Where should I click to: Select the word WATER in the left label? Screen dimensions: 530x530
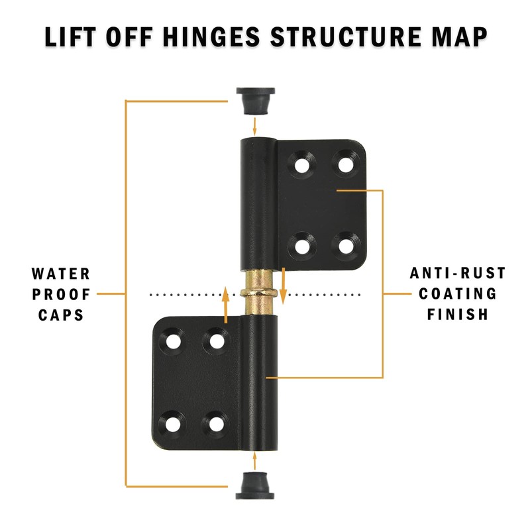(61, 274)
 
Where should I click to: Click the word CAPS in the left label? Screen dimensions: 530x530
(61, 314)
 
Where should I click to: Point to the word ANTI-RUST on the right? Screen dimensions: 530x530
(457, 273)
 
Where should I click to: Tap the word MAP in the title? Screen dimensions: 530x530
(460, 36)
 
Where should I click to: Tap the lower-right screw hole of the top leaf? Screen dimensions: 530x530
(345, 246)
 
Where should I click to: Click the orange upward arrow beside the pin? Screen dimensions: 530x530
(226, 305)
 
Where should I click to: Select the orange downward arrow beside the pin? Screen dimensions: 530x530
(283, 285)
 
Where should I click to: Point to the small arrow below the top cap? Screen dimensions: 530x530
(254, 126)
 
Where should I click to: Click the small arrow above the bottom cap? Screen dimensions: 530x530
(254, 460)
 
